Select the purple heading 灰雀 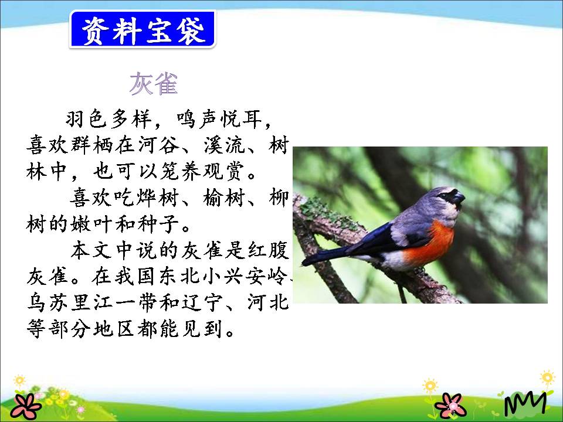[153, 84]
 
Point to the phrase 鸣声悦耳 [218, 119]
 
